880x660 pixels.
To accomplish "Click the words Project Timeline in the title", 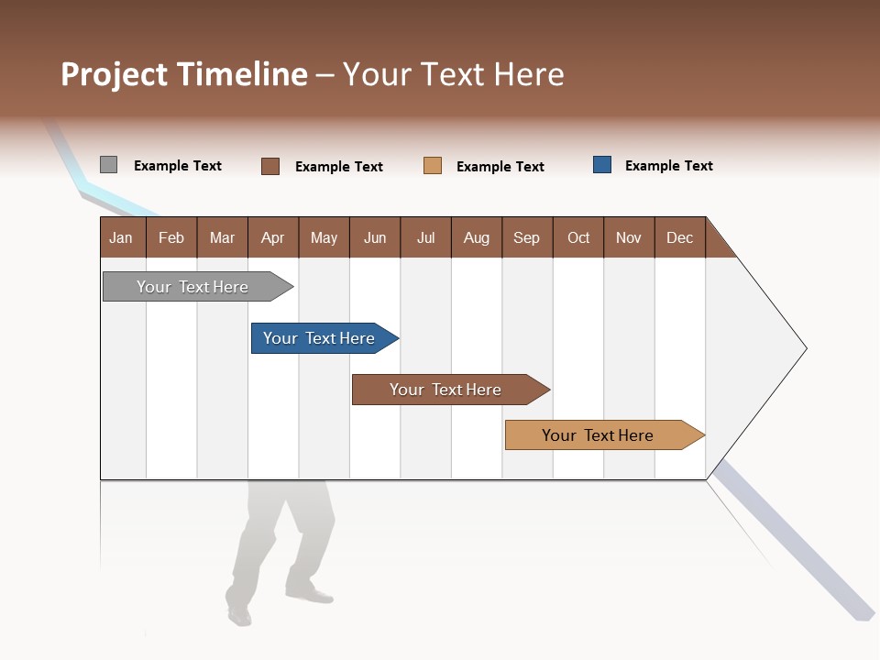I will coord(183,74).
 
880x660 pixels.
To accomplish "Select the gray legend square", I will coord(108,165).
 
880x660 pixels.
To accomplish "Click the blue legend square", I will coord(602,165).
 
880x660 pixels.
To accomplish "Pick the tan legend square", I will coord(433,166).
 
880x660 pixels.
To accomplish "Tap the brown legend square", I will coord(270,166).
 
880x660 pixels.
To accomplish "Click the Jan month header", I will coord(121,237).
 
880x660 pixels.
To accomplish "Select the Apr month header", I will coord(273,237).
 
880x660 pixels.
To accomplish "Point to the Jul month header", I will coord(425,237).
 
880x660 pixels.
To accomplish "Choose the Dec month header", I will coord(679,237).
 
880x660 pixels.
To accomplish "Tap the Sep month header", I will coord(526,237).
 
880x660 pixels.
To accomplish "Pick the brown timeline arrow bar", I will coord(446,390).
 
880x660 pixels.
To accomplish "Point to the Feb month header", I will coord(171,237).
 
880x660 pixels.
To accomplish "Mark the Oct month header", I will coord(578,237).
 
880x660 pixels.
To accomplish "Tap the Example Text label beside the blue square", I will coord(668,166).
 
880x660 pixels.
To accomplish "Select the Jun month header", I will coord(375,237).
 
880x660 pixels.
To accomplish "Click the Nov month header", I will coord(629,237).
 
